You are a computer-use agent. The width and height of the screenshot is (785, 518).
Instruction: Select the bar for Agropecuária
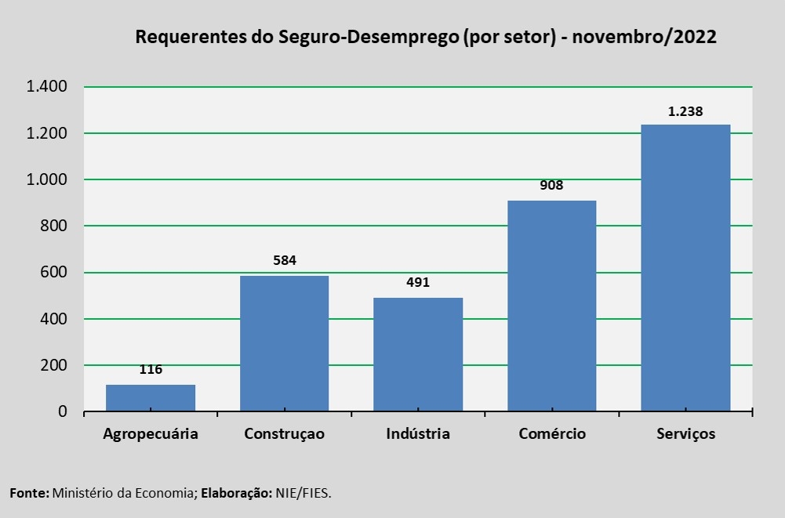point(151,398)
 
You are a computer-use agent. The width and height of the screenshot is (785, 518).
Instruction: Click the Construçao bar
point(285,343)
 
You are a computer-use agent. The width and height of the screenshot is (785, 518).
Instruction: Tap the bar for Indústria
point(418,354)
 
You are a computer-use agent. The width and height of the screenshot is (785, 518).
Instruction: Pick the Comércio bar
point(552,306)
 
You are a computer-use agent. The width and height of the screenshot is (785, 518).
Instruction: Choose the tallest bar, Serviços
point(686,268)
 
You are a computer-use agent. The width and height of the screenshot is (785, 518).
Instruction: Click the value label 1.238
point(685,111)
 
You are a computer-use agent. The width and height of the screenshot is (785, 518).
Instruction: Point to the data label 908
point(552,185)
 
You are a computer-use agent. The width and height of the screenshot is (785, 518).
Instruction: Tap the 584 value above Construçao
point(285,260)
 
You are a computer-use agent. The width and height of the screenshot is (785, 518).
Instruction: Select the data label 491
point(418,282)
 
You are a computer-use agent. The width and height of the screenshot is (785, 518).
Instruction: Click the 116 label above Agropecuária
point(151,369)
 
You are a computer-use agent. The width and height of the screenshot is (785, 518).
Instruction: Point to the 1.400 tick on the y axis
point(46,86)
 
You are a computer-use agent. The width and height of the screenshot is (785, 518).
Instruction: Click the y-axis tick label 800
point(53,226)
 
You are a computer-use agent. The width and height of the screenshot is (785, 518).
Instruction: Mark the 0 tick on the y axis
point(63,411)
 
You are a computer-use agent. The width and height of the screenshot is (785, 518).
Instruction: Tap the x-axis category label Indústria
point(418,433)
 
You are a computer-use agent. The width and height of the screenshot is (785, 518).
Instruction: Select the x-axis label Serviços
point(686,433)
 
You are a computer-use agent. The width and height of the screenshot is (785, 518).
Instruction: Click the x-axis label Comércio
point(552,433)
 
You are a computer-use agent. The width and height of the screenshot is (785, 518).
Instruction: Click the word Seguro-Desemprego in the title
point(368,37)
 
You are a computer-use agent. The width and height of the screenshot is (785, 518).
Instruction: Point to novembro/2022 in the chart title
point(645,37)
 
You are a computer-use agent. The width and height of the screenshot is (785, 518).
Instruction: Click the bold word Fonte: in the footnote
point(30,493)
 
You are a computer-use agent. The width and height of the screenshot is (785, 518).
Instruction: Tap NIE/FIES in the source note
point(303,493)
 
